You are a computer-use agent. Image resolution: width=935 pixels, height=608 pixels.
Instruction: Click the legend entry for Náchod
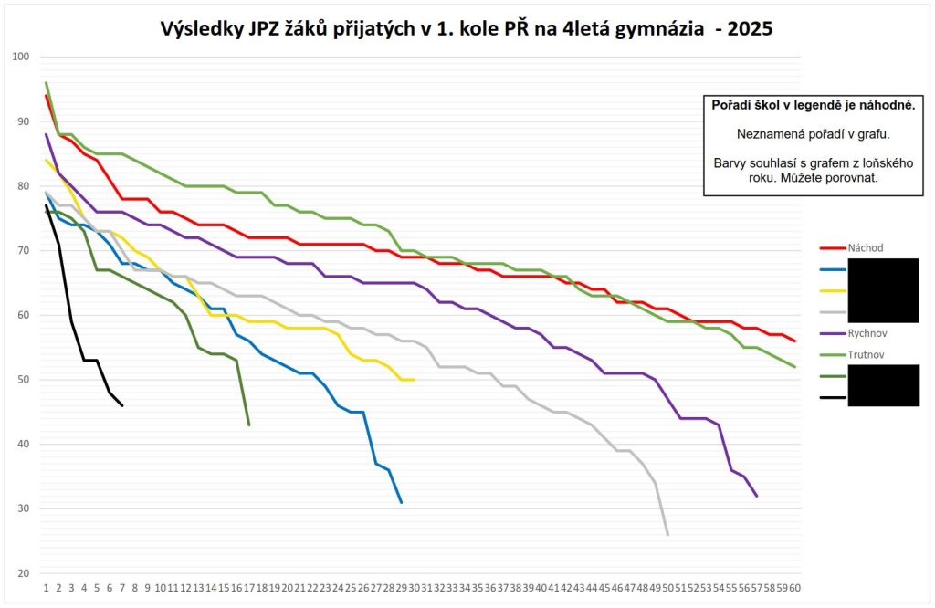tap(862, 247)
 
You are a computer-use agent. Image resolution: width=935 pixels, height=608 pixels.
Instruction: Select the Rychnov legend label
tap(864, 333)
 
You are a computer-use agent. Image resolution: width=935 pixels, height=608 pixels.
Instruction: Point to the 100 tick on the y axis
tap(21, 57)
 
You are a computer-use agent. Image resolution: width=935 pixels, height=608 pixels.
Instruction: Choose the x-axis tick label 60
tap(795, 587)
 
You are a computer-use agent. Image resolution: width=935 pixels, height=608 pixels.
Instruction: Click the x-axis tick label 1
tap(46, 587)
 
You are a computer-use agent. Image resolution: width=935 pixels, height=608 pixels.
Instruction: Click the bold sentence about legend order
tap(814, 106)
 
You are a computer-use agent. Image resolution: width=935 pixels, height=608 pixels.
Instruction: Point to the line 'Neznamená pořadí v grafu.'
tap(812, 134)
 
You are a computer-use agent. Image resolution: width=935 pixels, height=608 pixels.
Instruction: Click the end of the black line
tap(122, 405)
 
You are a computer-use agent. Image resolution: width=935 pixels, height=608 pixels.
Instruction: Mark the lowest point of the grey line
tap(667, 534)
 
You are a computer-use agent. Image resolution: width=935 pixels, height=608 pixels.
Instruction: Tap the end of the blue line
tap(401, 502)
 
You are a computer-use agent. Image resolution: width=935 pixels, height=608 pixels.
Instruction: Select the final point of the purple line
tap(757, 496)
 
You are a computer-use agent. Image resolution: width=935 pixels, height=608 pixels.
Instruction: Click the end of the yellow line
tap(415, 380)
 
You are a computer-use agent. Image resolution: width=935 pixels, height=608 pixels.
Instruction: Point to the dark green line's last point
tap(249, 425)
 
